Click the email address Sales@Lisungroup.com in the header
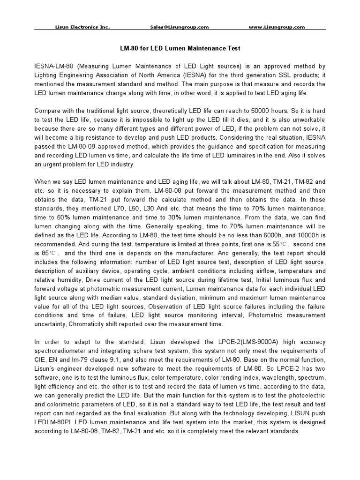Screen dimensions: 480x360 pyautogui.click(x=180, y=27)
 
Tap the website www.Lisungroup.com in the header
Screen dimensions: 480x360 pyautogui.click(x=277, y=27)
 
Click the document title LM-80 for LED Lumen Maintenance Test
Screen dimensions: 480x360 pyautogui.click(x=180, y=48)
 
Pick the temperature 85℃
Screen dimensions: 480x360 pyautogui.click(x=50, y=253)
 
